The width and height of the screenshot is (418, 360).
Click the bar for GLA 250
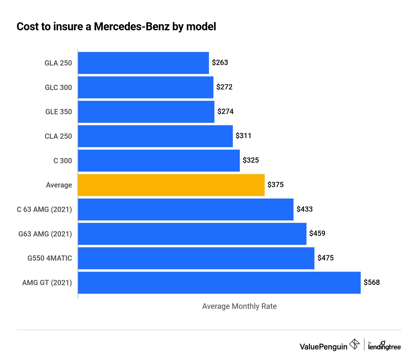pyautogui.click(x=143, y=63)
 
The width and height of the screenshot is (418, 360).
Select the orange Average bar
pyautogui.click(x=171, y=185)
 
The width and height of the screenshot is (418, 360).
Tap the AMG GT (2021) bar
pyautogui.click(x=219, y=283)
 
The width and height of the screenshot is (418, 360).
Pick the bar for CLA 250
pyautogui.click(x=155, y=136)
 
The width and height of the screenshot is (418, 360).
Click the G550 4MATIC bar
pyautogui.click(x=196, y=258)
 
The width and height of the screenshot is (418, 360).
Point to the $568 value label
pyautogui.click(x=372, y=282)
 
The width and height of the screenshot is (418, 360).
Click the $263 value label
pyautogui.click(x=220, y=63)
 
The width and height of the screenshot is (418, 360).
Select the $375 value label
pyautogui.click(x=275, y=185)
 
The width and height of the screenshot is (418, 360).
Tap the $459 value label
pyautogui.click(x=317, y=233)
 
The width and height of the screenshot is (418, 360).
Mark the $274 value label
pyautogui.click(x=225, y=111)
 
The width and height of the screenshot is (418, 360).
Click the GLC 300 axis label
pyautogui.click(x=58, y=88)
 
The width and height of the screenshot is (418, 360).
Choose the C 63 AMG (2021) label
pyautogui.click(x=44, y=209)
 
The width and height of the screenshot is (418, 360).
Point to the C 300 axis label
pyautogui.click(x=62, y=161)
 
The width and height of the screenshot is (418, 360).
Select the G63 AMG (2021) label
pyautogui.click(x=45, y=234)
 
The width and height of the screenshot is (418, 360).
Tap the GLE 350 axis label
pyautogui.click(x=59, y=112)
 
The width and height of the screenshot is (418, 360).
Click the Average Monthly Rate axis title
pyautogui.click(x=239, y=306)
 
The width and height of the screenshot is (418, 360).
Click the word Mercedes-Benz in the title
pyautogui.click(x=132, y=27)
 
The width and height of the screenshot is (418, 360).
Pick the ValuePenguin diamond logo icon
pyautogui.click(x=354, y=344)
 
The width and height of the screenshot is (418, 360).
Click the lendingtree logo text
pyautogui.click(x=384, y=347)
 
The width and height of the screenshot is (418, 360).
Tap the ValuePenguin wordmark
pyautogui.click(x=323, y=347)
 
